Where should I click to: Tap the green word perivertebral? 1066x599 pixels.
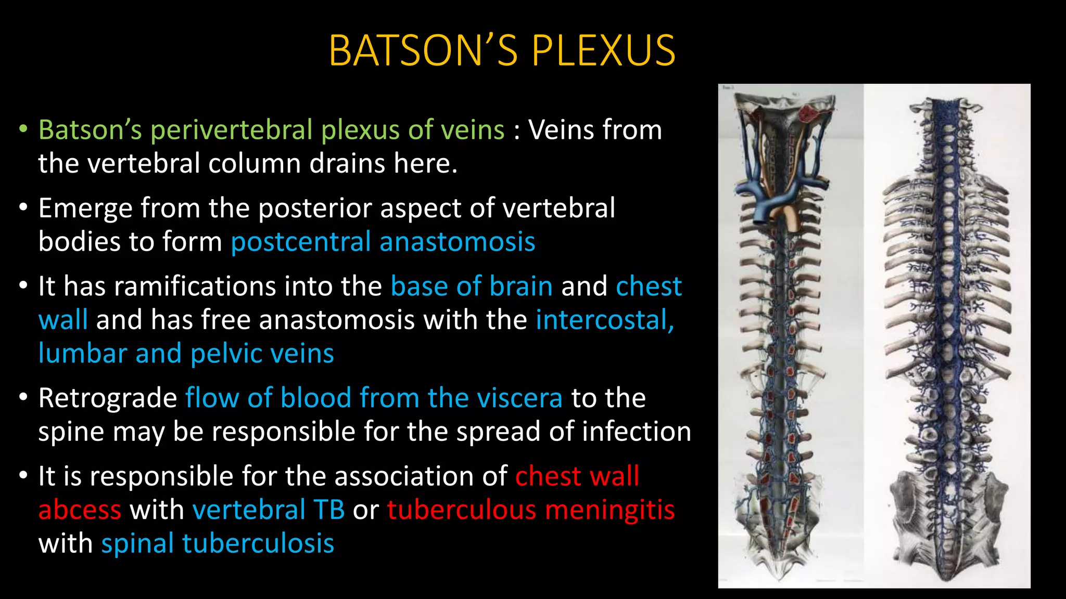click(231, 130)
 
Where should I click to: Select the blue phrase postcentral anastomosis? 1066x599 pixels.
click(383, 242)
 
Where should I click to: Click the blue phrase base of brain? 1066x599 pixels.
click(471, 286)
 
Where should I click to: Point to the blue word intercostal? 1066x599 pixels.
click(605, 320)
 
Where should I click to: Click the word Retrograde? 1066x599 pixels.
click(108, 398)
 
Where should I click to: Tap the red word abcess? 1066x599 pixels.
click(80, 510)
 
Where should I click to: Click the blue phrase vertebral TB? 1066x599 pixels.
click(268, 510)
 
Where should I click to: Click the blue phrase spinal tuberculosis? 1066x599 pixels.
click(218, 544)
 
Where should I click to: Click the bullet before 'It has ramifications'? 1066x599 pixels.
click(22, 287)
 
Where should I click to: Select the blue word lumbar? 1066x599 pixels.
click(82, 354)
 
